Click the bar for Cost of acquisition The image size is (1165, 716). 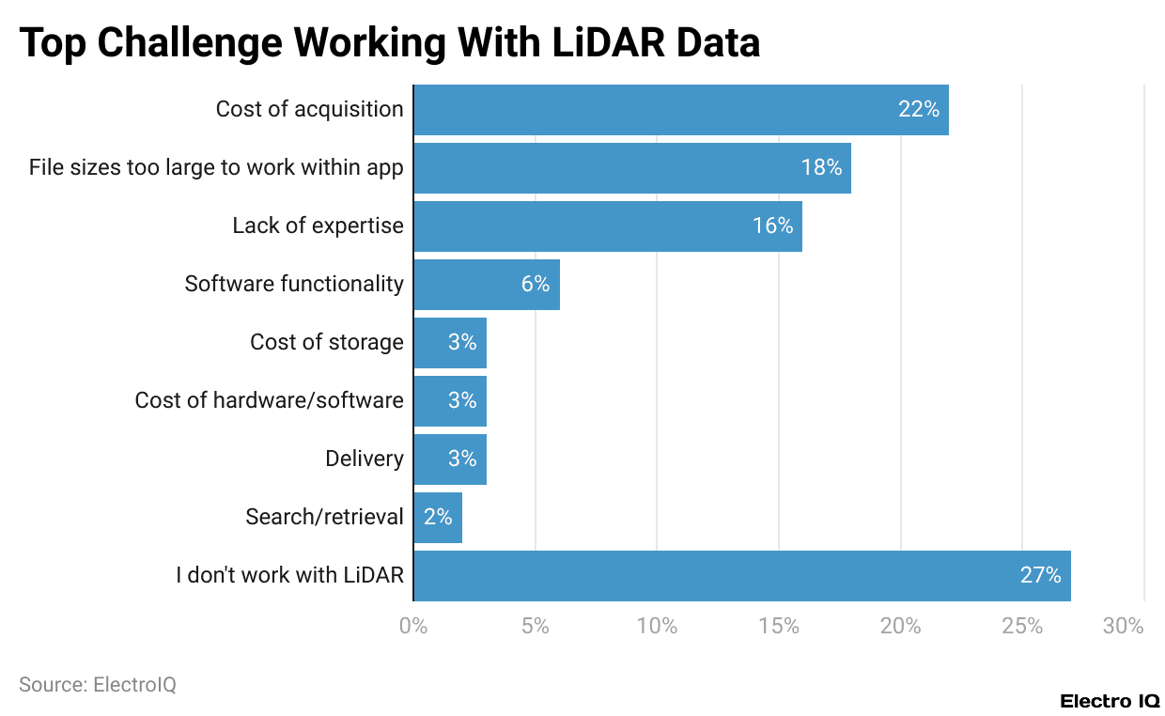point(680,110)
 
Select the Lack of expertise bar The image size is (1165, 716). point(607,226)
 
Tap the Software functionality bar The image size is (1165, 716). point(486,285)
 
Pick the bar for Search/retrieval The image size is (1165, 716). point(438,518)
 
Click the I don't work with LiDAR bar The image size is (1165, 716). point(741,576)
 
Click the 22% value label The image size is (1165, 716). point(918,110)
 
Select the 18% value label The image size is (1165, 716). point(820,168)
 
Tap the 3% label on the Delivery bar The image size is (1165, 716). point(461,459)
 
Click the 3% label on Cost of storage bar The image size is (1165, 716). point(461,343)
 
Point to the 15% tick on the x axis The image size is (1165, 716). point(779,626)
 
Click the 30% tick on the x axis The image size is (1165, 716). point(1124,626)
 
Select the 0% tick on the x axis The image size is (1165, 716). point(413,626)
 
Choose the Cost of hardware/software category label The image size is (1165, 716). point(269,401)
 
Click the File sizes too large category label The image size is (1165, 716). point(216,168)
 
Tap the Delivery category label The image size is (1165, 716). point(364,459)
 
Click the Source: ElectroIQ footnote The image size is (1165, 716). point(98,685)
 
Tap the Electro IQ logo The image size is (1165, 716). point(1110,701)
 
